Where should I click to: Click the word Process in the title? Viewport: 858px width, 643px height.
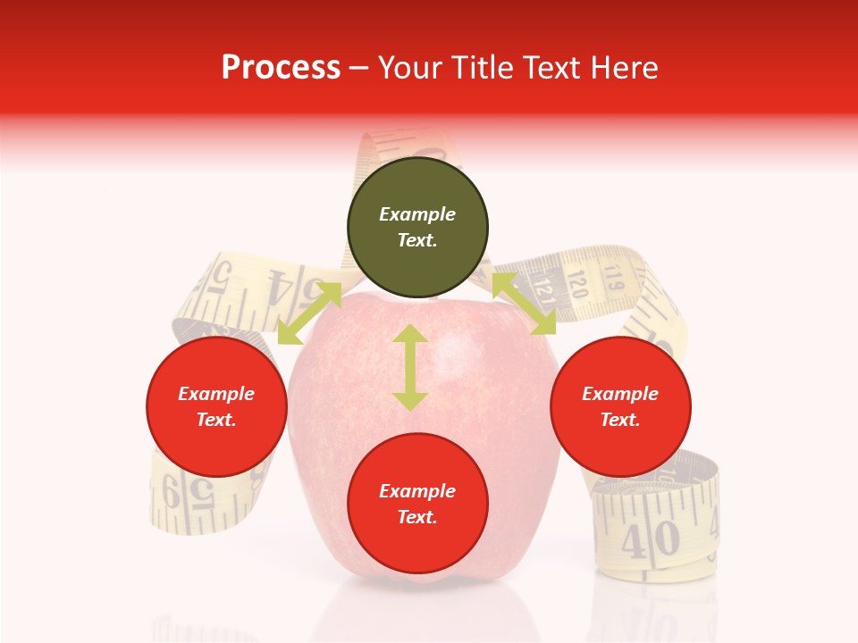(x=281, y=68)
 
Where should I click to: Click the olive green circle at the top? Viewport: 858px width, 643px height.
(x=417, y=227)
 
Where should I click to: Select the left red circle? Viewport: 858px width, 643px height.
(x=216, y=406)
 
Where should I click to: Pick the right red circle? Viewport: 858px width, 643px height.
(x=620, y=406)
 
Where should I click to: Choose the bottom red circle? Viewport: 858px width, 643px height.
(x=417, y=504)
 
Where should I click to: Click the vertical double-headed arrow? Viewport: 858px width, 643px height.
(x=410, y=367)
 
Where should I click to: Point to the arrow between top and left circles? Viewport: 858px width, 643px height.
(x=309, y=313)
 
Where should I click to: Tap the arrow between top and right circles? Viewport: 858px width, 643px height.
(x=524, y=304)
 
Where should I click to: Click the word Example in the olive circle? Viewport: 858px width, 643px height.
(x=417, y=214)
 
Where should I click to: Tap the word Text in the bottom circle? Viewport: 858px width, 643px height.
(x=417, y=517)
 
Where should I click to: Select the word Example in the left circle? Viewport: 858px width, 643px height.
(x=216, y=394)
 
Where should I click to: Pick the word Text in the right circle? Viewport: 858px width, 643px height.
(x=620, y=420)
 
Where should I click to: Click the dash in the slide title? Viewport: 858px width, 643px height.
(x=358, y=68)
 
